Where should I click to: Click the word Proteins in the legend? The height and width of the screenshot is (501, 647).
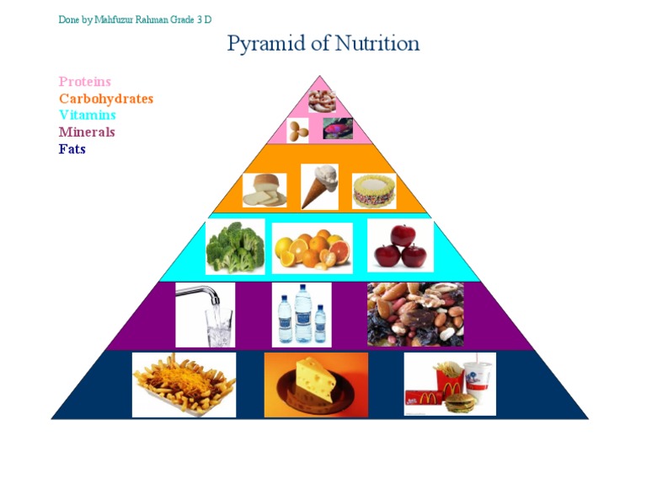click(84, 82)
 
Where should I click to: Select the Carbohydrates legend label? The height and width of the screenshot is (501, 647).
click(106, 99)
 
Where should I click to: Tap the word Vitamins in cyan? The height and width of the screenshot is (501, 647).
click(88, 116)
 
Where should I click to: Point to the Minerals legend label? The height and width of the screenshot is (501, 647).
click(87, 132)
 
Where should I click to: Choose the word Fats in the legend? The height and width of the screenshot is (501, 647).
click(72, 149)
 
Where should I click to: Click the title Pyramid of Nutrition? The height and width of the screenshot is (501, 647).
click(323, 43)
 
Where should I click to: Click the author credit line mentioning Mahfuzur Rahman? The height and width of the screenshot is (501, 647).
click(135, 19)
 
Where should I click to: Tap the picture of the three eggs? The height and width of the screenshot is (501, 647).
click(298, 130)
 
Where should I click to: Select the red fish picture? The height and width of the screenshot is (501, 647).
click(338, 128)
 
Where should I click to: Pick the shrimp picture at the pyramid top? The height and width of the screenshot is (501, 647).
click(322, 101)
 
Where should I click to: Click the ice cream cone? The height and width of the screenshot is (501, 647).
click(318, 186)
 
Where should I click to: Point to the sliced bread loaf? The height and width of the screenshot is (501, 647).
click(265, 191)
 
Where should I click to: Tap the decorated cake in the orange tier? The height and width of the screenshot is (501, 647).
click(373, 191)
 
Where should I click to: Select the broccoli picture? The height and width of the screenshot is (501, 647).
click(235, 246)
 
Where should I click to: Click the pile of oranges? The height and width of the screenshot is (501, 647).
click(312, 248)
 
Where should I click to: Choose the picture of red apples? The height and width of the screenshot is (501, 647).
click(400, 245)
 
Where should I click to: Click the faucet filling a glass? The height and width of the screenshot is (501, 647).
click(205, 314)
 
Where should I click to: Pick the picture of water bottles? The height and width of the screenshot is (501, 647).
click(301, 315)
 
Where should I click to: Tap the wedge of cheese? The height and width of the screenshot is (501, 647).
click(316, 385)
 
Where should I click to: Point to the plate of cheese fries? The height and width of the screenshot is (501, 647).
click(184, 385)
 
